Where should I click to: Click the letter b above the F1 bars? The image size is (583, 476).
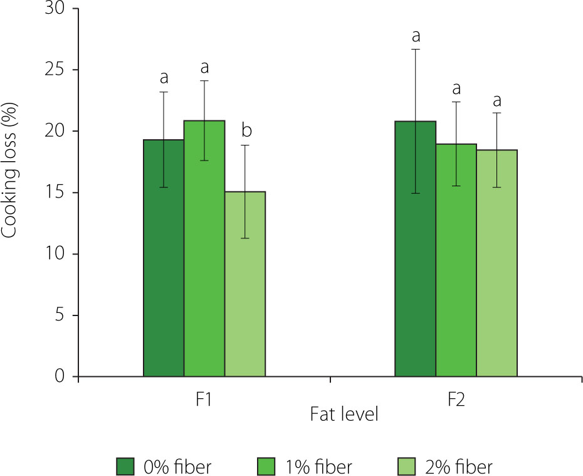(246, 130)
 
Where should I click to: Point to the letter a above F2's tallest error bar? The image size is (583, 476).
(415, 35)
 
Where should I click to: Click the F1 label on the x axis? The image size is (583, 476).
(202, 399)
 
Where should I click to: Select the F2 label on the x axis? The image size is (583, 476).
(456, 399)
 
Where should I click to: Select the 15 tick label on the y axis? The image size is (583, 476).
(55, 193)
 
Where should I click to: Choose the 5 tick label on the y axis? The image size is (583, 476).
(59, 315)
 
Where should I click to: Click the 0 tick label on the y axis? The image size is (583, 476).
(59, 376)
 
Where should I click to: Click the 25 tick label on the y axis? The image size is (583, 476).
(55, 70)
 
